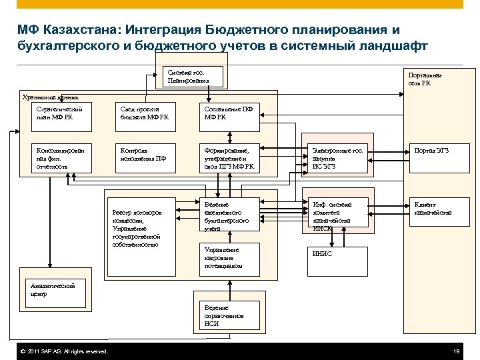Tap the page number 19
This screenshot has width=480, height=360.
tap(457, 351)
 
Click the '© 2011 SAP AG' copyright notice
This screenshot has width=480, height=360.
tap(65, 351)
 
